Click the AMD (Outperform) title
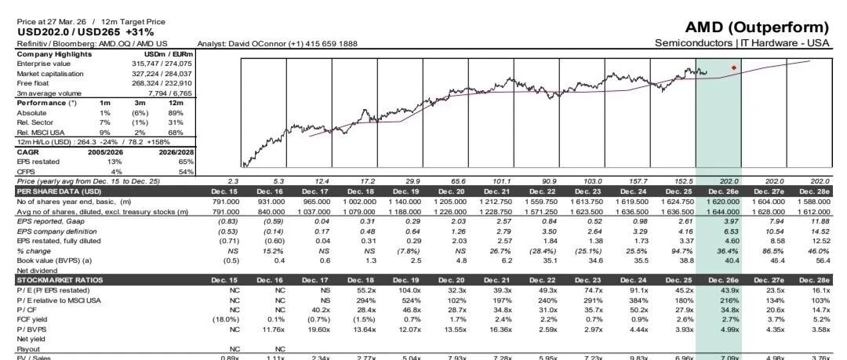[x=756, y=27]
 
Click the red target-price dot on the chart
[x=733, y=67]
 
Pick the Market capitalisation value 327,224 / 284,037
[x=162, y=74]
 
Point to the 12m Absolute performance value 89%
[x=176, y=113]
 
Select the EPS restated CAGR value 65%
[x=186, y=162]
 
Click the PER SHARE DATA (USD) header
[x=51, y=191]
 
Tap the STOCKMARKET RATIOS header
[x=52, y=280]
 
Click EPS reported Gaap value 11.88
[x=820, y=221]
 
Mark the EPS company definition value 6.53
[x=731, y=231]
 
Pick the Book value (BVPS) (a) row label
[x=55, y=260]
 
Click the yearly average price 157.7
[x=638, y=182]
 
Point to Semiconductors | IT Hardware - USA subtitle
[x=742, y=42]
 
